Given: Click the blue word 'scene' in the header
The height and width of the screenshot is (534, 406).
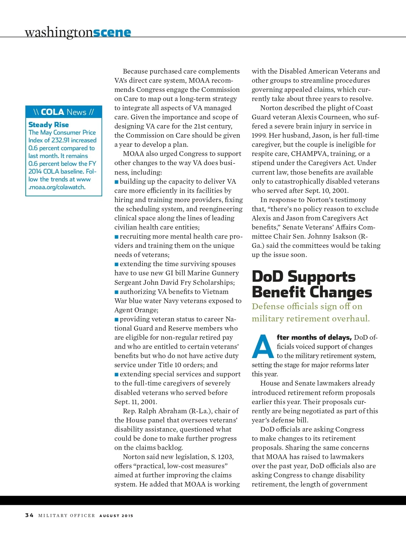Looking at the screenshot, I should point(112,33).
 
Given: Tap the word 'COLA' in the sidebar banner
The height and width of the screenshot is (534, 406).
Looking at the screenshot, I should point(52,112).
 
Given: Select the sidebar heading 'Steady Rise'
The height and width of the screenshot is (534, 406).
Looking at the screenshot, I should point(48,125).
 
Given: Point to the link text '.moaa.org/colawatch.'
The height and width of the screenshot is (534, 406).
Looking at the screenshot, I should point(57,187).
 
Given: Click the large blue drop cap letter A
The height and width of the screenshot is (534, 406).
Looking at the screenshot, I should point(263,347).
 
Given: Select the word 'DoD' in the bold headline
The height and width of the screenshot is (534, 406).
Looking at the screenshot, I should point(268,277).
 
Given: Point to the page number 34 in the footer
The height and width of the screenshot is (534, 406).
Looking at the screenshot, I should point(29,515).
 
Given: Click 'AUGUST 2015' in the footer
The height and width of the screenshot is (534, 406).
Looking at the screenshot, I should point(116,516).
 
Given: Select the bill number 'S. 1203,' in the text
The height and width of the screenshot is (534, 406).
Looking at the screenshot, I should point(220,457).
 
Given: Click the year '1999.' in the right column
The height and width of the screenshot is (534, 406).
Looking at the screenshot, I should point(259,135).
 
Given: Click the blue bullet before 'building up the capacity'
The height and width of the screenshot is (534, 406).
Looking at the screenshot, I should point(116,182).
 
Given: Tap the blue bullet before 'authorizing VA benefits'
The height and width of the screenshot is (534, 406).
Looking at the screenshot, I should point(116,292).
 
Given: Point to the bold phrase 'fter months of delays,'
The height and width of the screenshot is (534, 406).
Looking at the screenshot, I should point(314,337).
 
